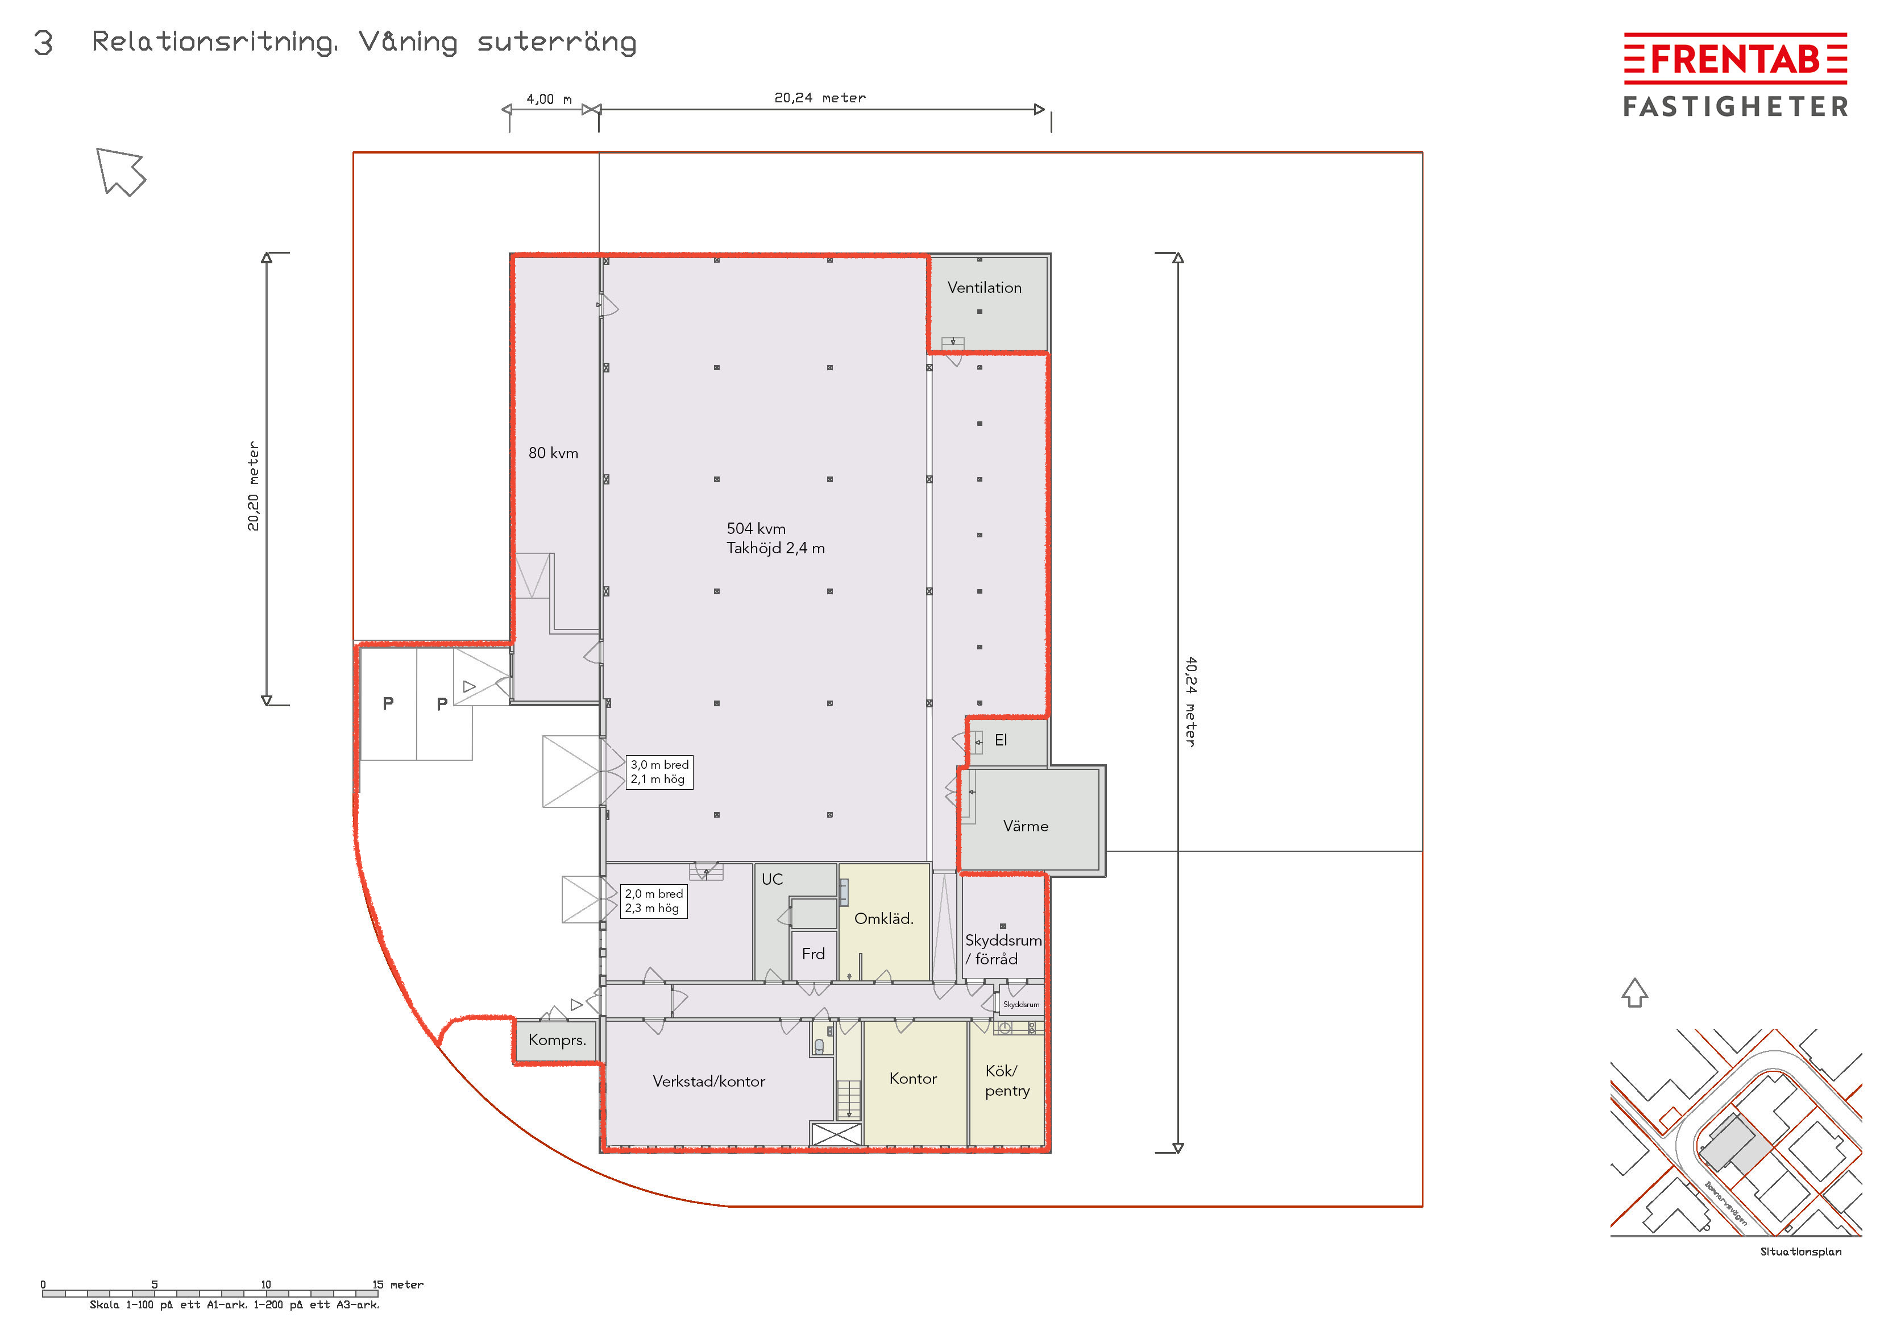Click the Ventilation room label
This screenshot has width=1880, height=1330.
click(984, 288)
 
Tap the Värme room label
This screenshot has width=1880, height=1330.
click(1025, 826)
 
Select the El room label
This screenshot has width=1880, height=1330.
click(1001, 740)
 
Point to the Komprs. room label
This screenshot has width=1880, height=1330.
click(557, 1040)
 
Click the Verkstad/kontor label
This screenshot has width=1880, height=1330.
click(709, 1081)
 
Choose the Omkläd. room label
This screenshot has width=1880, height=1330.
click(883, 918)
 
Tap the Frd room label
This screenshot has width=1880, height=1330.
click(813, 953)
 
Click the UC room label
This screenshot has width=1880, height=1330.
click(772, 879)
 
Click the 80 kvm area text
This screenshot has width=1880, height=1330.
click(554, 453)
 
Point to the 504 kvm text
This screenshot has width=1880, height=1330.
click(756, 528)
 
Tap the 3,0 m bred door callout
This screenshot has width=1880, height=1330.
click(659, 772)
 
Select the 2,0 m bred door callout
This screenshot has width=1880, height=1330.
click(653, 901)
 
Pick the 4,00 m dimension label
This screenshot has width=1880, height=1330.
click(549, 99)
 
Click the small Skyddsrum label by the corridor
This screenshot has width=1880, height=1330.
click(1021, 1004)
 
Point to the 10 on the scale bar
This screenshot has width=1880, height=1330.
click(266, 1284)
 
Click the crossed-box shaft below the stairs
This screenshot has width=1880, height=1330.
click(836, 1134)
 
